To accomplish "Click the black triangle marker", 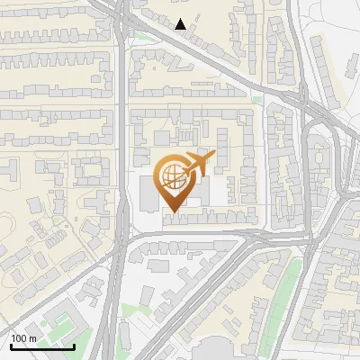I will pyautogui.click(x=181, y=24).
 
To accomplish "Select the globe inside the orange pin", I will pyautogui.click(x=171, y=176).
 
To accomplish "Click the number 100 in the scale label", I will pyautogui.click(x=20, y=338).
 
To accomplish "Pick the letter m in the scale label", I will pyautogui.click(x=33, y=338).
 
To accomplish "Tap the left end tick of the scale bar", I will pyautogui.click(x=10, y=346).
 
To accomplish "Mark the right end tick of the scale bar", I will pyautogui.click(x=74, y=346).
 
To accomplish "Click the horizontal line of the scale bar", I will pyautogui.click(x=41, y=347).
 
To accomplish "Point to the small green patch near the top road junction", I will pyautogui.click(x=142, y=37).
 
